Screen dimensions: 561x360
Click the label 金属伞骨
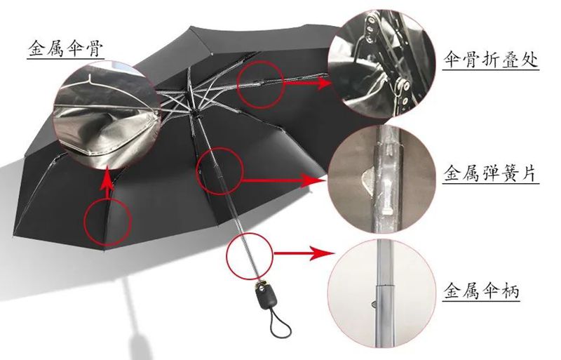pyautogui.click(x=66, y=48)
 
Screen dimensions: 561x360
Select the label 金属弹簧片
pyautogui.click(x=490, y=173)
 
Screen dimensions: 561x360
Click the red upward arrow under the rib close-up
pyautogui.click(x=107, y=182)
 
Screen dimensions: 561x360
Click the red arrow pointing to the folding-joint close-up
pyautogui.click(x=308, y=83)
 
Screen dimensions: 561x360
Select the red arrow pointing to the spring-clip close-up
pyautogui.click(x=285, y=180)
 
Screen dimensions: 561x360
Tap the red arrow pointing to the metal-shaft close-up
pyautogui.click(x=304, y=253)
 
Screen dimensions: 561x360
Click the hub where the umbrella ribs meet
pyautogui.click(x=194, y=112)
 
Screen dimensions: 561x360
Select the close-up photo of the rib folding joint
pyautogui.click(x=381, y=63)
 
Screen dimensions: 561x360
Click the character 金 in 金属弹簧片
pyautogui.click(x=452, y=173)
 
